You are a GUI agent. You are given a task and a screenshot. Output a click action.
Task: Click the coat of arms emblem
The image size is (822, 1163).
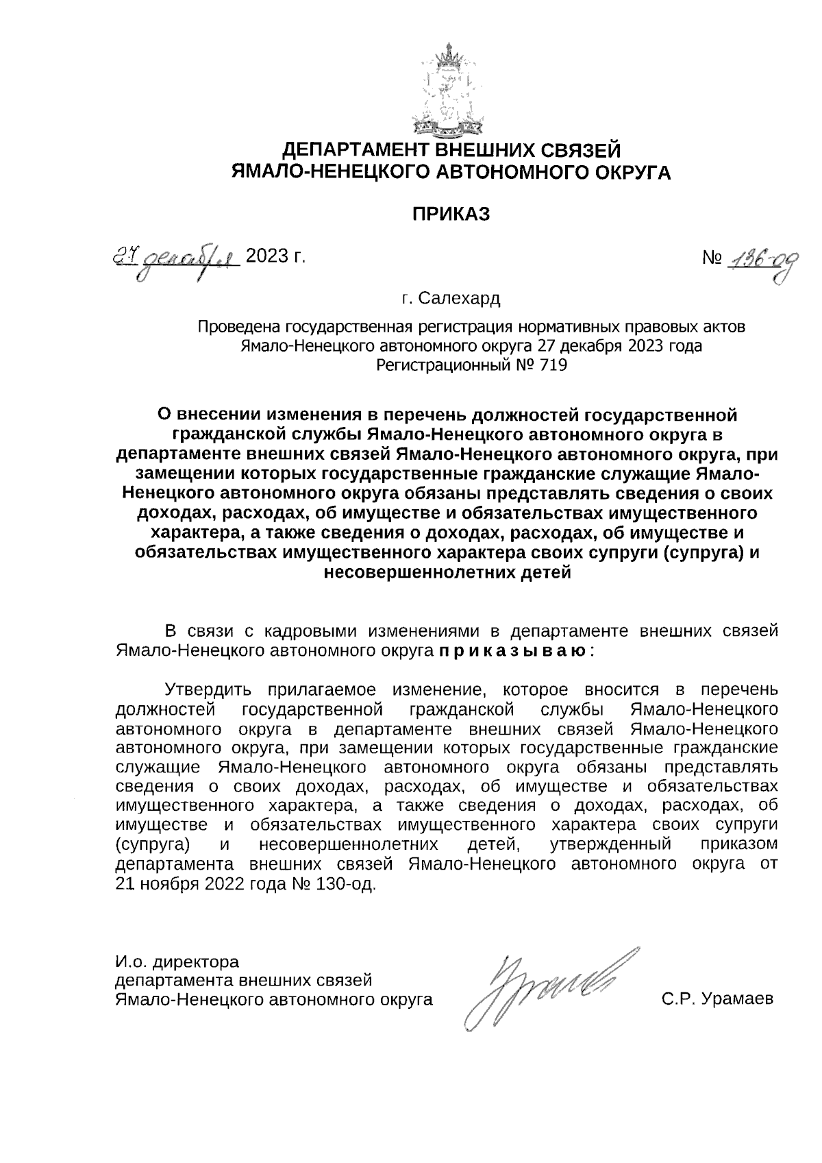click(449, 89)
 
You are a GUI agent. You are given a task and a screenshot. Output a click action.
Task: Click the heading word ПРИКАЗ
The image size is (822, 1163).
click(451, 215)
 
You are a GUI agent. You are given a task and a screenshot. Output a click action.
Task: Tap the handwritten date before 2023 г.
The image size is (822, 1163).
click(175, 260)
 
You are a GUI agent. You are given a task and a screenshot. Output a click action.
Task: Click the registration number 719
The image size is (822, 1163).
click(553, 365)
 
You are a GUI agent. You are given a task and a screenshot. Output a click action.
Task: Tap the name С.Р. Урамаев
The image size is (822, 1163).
click(717, 999)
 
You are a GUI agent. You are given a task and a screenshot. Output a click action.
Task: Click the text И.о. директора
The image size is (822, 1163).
click(177, 962)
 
